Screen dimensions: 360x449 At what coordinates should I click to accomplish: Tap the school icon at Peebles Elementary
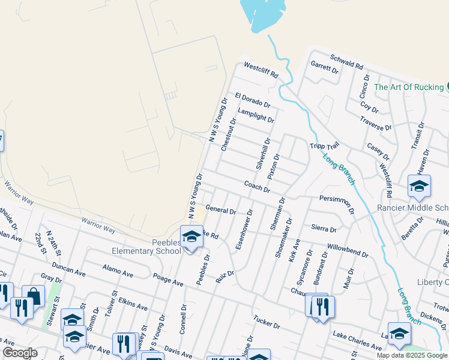pyautogui.click(x=191, y=237)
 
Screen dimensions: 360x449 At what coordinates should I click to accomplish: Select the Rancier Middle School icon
pyautogui.click(x=419, y=187)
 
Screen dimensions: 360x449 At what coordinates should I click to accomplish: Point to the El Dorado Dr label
pyautogui.click(x=254, y=100)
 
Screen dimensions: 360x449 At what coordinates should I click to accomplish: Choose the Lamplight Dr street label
pyautogui.click(x=256, y=115)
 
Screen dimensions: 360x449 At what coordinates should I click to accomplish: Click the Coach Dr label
pyautogui.click(x=257, y=187)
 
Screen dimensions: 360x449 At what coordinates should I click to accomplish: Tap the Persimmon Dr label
pyautogui.click(x=337, y=203)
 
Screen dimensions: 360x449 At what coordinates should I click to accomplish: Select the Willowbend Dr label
pyautogui.click(x=348, y=250)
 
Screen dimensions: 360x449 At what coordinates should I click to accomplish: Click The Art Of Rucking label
pyautogui.click(x=408, y=87)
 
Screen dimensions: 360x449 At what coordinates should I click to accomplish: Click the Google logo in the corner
pyautogui.click(x=20, y=352)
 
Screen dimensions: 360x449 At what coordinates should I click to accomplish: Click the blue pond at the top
pyautogui.click(x=262, y=15)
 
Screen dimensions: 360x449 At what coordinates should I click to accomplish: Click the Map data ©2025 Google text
pyautogui.click(x=411, y=355)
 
